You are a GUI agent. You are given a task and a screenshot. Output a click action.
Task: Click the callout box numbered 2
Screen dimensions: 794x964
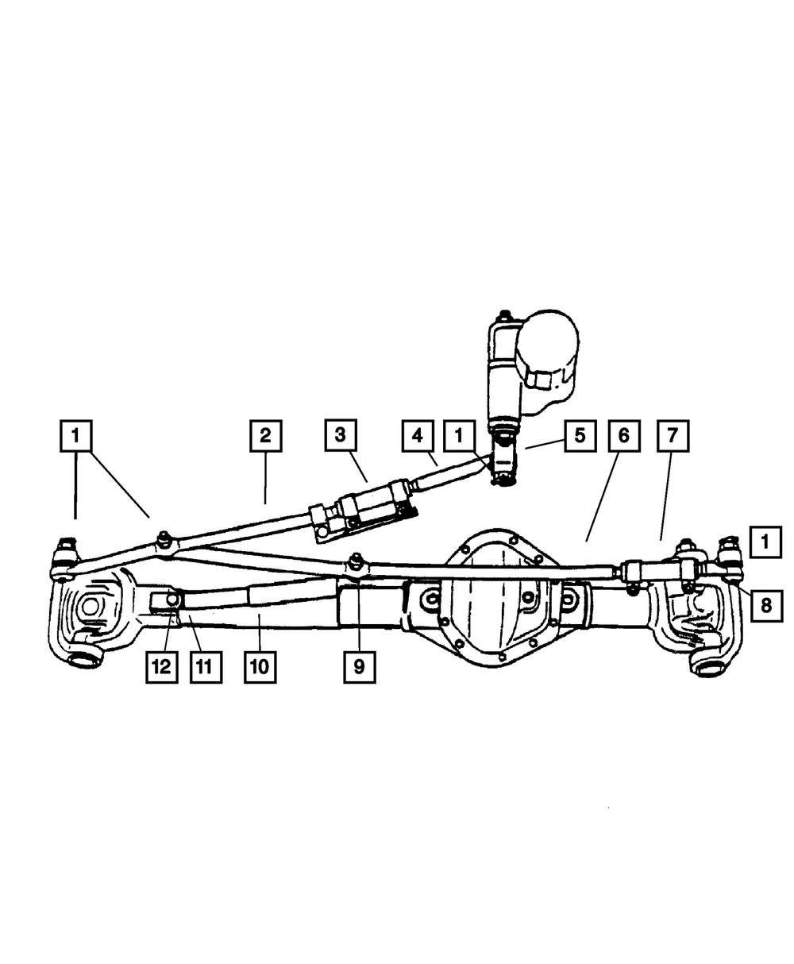(x=264, y=435)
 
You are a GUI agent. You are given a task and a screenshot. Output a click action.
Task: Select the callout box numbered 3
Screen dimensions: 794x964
(x=340, y=435)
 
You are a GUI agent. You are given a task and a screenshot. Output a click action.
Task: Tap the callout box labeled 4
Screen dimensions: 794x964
(x=416, y=435)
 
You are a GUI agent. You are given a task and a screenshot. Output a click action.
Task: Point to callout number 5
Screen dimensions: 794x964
(x=580, y=435)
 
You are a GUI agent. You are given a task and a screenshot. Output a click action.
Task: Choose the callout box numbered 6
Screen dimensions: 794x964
(x=624, y=435)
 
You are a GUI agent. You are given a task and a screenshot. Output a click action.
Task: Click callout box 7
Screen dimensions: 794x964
(x=673, y=435)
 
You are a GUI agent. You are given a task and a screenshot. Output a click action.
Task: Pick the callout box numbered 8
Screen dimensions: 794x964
(x=765, y=605)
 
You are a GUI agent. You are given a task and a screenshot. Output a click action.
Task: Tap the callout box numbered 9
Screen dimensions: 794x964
(x=359, y=667)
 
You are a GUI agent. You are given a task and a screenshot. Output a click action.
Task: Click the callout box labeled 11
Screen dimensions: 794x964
(x=205, y=667)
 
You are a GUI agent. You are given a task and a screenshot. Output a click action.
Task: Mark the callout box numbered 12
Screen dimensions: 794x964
(x=161, y=667)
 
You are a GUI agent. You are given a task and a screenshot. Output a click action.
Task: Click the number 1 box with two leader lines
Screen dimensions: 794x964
(x=76, y=435)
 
